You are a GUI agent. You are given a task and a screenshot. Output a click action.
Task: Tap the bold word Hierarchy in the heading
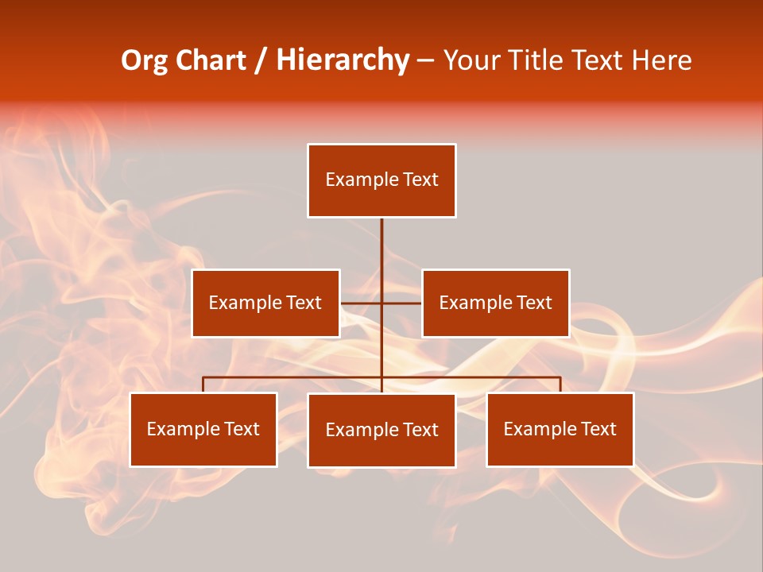point(343,60)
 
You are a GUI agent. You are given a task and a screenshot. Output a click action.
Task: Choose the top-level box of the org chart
point(381,180)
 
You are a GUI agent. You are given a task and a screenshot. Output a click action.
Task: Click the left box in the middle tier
point(265,303)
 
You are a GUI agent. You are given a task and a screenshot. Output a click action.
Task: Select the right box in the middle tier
point(495,303)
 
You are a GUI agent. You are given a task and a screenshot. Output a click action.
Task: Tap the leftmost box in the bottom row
point(203,429)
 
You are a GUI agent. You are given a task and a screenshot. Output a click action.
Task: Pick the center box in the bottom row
point(381,430)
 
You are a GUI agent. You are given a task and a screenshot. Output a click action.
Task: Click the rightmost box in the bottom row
point(560,429)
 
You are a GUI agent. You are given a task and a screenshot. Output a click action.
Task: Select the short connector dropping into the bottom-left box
point(203,385)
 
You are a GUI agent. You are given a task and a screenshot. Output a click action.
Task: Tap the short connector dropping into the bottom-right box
point(560,385)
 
